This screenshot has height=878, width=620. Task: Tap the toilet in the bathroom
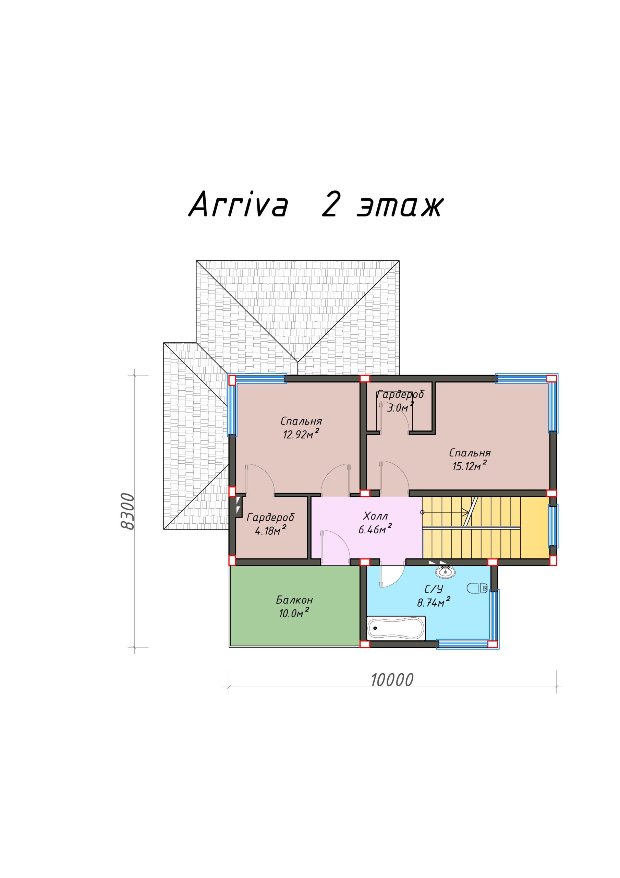[477, 588]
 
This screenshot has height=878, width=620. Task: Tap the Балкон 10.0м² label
[294, 606]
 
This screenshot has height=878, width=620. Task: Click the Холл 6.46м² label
[375, 523]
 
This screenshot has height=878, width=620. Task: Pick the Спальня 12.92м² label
[301, 428]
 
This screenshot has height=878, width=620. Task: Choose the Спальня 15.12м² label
[470, 459]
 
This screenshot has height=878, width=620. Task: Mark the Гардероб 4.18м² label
[271, 523]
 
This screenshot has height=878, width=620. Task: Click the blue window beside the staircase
[553, 526]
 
